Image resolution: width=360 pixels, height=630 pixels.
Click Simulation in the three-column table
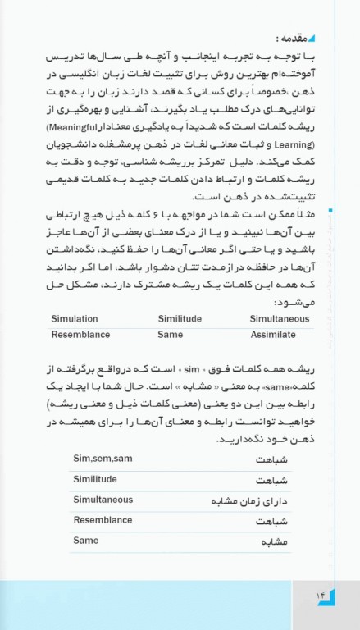coord(75,318)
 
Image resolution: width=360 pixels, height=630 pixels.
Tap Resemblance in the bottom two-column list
coord(103,519)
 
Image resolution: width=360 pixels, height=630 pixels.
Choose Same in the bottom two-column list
coord(85,541)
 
